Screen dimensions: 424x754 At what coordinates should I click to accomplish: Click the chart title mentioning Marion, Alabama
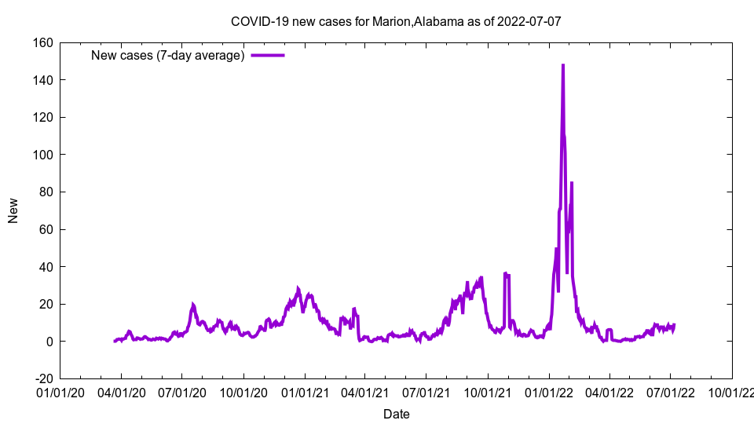click(x=395, y=21)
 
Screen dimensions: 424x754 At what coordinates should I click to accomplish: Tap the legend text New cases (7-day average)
click(x=168, y=55)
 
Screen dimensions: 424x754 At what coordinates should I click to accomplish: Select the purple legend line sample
click(x=268, y=55)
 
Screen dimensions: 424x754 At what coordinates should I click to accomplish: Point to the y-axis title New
click(x=13, y=210)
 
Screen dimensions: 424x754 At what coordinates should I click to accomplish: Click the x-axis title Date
click(x=396, y=414)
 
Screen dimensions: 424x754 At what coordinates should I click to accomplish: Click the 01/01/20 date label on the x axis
click(x=60, y=390)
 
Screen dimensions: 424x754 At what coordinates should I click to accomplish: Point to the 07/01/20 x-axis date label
click(x=182, y=390)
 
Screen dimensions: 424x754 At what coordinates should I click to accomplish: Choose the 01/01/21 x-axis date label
click(x=305, y=390)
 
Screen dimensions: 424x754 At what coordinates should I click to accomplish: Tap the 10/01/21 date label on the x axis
click(x=488, y=390)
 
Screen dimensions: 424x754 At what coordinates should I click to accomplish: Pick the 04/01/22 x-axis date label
click(x=609, y=390)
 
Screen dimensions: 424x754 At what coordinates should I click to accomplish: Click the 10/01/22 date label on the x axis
click(x=731, y=390)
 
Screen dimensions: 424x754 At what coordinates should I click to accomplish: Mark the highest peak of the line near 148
click(x=563, y=66)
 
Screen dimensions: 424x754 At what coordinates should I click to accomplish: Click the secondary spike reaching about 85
click(x=572, y=184)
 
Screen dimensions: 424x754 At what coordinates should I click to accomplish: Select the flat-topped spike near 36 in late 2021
click(x=507, y=274)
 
